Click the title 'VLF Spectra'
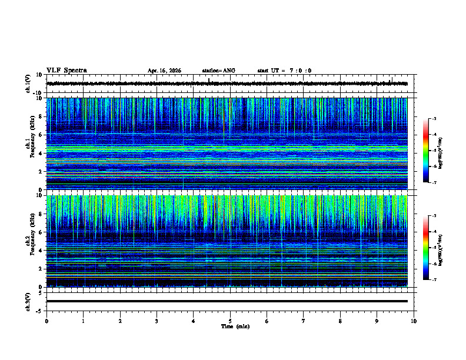(66, 71)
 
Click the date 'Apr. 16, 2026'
(164, 71)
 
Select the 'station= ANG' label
(218, 71)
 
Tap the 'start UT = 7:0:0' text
(284, 71)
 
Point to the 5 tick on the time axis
(230, 321)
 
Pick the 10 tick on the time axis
(414, 321)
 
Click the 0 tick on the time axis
(46, 321)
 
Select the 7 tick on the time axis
(304, 321)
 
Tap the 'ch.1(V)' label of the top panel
(29, 84)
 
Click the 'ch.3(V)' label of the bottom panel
(29, 301)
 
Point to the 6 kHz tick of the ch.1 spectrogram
(40, 135)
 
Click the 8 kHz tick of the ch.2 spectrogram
(40, 214)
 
